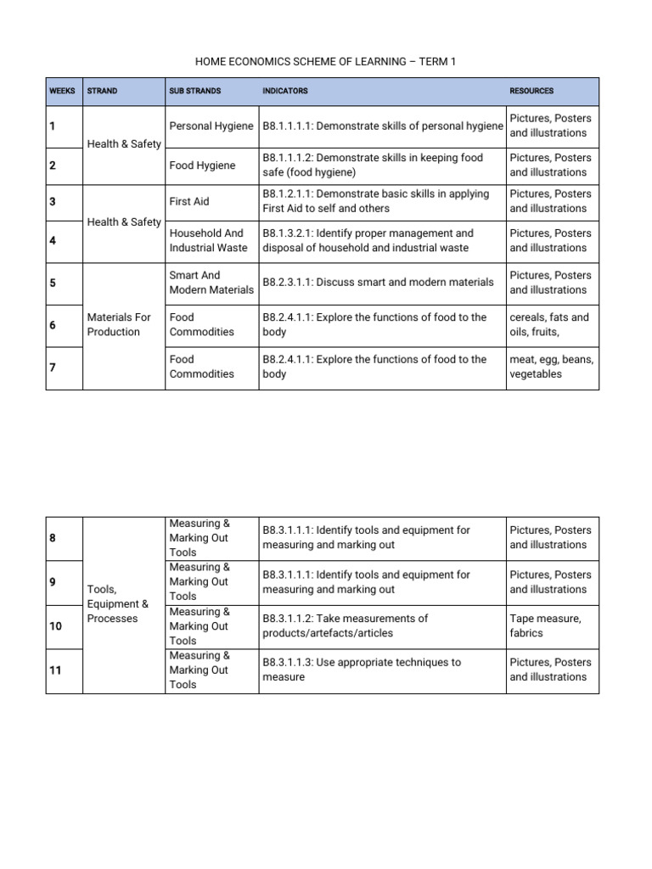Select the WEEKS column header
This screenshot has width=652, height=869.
tap(62, 91)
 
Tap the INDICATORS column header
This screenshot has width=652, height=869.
tap(285, 91)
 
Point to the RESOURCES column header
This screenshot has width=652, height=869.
tap(531, 91)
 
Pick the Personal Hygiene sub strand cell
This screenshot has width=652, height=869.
tap(211, 126)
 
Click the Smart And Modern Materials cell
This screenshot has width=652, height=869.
tap(211, 283)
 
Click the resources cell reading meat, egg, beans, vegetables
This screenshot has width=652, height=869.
tap(552, 367)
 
